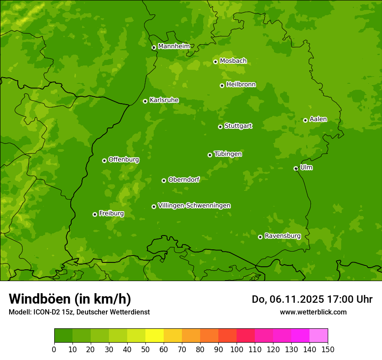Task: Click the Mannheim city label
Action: (174, 46)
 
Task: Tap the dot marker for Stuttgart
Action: (220, 127)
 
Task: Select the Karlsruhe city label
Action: (164, 100)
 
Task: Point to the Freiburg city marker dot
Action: (95, 214)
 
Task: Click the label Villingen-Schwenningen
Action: (194, 206)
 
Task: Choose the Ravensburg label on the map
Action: (282, 236)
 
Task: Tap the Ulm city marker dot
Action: (296, 168)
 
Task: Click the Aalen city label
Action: (318, 119)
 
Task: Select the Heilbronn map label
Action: (241, 85)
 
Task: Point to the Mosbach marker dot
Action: (215, 62)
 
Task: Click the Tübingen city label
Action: (228, 154)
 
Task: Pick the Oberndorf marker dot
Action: (164, 180)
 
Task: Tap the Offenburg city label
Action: (124, 160)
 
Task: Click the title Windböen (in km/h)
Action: (70, 299)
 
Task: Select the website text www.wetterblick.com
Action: (313, 312)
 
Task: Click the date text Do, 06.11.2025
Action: (286, 299)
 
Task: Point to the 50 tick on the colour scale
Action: (145, 349)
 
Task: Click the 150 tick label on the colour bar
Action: (328, 349)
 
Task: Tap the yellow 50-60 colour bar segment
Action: (155, 336)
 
